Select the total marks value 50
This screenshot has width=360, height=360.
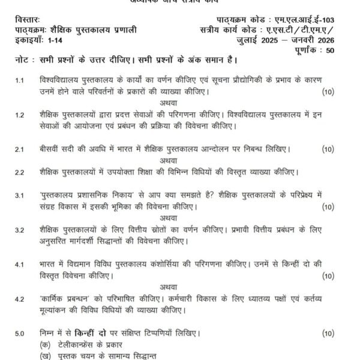click(345, 50)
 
